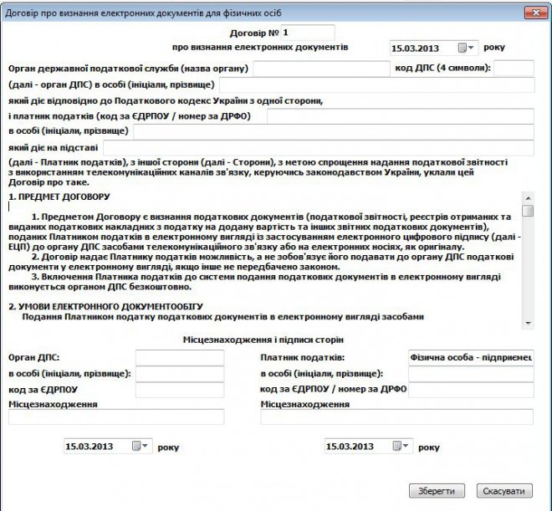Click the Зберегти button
click(436, 491)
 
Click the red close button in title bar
click(531, 12)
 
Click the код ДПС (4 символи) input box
click(519, 68)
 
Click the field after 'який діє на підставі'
click(318, 147)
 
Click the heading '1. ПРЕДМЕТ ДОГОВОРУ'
click(59, 197)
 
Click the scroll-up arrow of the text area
click(527, 198)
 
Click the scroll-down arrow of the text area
click(527, 322)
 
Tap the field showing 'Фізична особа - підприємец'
click(470, 357)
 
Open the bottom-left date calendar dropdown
click(145, 447)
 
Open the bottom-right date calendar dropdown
click(405, 447)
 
